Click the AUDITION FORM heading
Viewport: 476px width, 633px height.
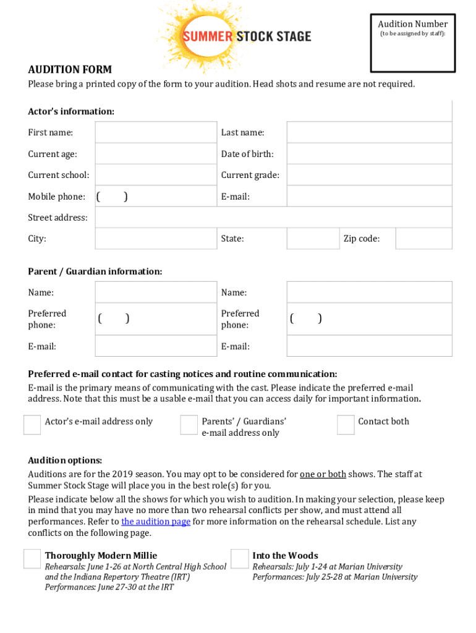[x=70, y=70]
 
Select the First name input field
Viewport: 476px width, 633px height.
[x=156, y=133]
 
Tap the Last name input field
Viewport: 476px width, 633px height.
[x=369, y=133]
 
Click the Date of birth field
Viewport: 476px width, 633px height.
[x=369, y=154]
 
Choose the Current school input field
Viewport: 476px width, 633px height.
[x=156, y=175]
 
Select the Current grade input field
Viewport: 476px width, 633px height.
[x=369, y=175]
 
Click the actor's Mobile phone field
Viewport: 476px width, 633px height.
[x=156, y=197]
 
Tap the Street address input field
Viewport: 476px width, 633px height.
[x=273, y=218]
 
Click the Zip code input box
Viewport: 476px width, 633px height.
[x=423, y=239]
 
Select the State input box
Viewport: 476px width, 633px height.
[x=312, y=239]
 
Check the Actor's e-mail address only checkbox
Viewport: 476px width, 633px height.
[x=32, y=425]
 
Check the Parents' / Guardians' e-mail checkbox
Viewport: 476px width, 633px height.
[x=189, y=425]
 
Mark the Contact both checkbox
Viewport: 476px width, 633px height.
[x=346, y=425]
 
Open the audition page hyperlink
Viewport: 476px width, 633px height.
[x=156, y=522]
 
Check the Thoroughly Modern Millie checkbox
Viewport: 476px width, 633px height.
[x=32, y=559]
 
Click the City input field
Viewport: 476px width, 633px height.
[x=156, y=239]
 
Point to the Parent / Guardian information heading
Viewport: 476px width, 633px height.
[x=95, y=271]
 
